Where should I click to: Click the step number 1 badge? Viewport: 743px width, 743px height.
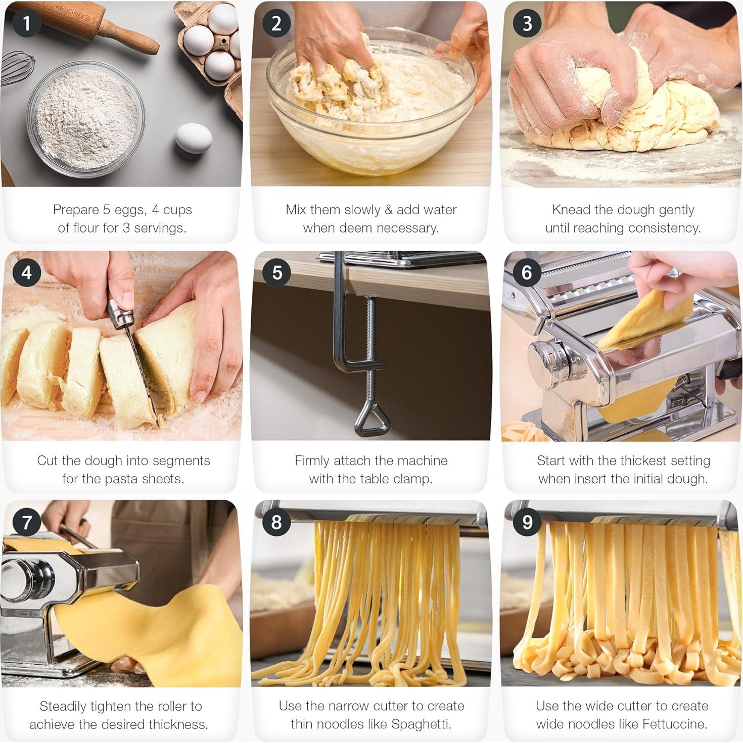pos(26,23)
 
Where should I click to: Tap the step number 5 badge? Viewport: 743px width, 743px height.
pos(276,272)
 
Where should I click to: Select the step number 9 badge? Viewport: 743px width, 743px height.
pos(527,521)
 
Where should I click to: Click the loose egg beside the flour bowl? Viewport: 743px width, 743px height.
pos(194,137)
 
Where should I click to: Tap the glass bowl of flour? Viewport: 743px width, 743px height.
pos(86,119)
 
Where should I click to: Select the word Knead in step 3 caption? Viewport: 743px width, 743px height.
pos(570,209)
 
